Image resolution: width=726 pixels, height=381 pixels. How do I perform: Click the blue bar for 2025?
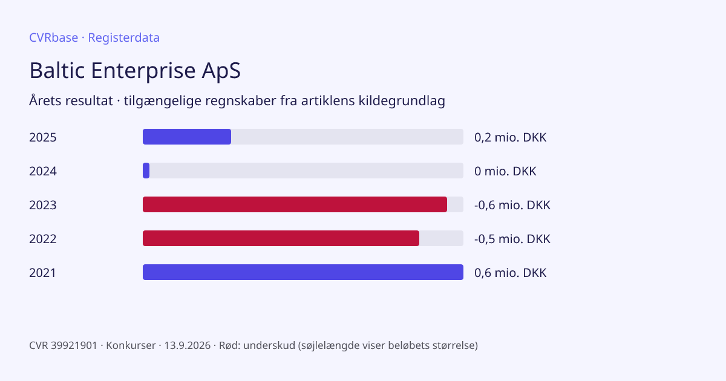[x=187, y=137]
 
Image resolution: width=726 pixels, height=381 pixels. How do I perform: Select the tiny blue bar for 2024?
[x=146, y=171]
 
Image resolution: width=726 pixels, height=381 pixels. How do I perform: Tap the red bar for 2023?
[x=295, y=204]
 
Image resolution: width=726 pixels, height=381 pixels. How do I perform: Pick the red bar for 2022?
[x=281, y=238]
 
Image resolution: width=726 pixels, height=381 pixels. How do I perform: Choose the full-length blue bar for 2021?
[x=303, y=272]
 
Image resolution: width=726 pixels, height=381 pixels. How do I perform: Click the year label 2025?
[x=43, y=137]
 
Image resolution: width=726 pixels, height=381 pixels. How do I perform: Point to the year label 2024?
[x=43, y=171]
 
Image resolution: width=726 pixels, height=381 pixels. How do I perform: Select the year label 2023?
[x=43, y=205]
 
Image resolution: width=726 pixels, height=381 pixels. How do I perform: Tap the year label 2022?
[x=43, y=239]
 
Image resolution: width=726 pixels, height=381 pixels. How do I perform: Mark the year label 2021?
[x=43, y=273]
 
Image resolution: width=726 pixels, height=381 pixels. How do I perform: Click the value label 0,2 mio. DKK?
[x=511, y=137]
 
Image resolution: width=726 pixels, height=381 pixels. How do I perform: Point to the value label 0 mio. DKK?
[x=505, y=171]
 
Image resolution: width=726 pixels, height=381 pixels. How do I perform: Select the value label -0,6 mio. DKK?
[x=512, y=205]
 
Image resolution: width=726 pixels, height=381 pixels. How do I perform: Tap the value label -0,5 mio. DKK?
[x=512, y=239]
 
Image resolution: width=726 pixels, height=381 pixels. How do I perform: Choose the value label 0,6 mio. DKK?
[x=511, y=273]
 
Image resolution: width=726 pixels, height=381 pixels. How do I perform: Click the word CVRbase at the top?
[x=53, y=37]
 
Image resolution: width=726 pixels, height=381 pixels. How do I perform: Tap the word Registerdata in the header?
[x=124, y=38]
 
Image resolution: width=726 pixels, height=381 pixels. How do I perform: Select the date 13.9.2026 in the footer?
[x=188, y=345]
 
